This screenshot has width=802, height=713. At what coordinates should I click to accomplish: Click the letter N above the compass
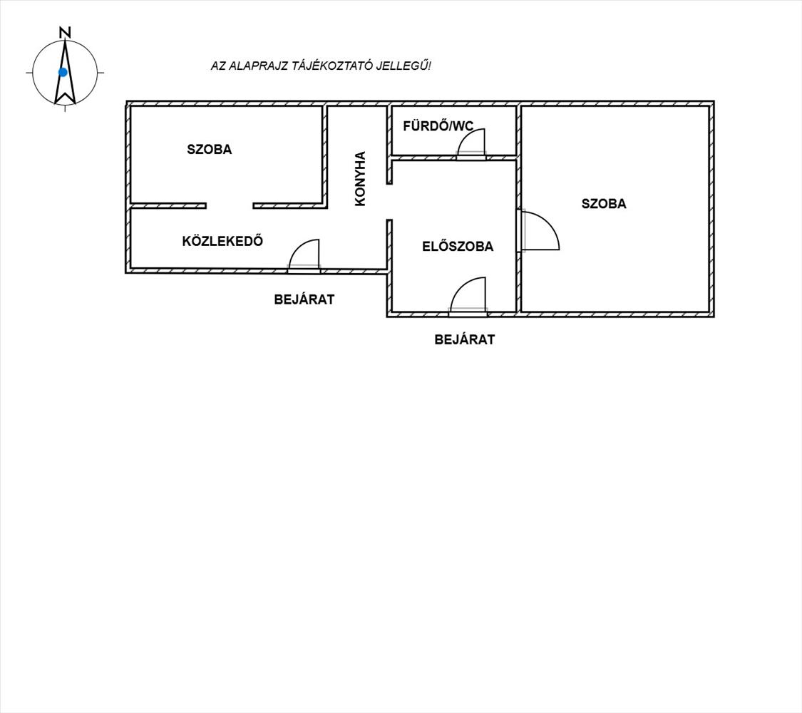click(x=65, y=32)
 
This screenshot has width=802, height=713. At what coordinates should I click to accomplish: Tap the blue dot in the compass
click(x=63, y=72)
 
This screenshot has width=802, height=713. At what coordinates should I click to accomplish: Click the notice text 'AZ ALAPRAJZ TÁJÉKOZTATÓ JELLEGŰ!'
click(x=321, y=66)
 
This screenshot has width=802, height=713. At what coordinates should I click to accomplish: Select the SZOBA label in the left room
click(x=209, y=149)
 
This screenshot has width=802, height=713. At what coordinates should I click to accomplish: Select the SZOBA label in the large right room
click(x=604, y=204)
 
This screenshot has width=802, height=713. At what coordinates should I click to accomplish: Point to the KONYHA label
click(x=360, y=178)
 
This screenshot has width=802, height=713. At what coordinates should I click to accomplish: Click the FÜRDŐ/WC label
click(x=438, y=125)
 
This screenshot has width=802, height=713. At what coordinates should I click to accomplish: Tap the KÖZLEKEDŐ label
click(x=222, y=241)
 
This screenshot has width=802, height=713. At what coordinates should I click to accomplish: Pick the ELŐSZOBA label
click(x=458, y=246)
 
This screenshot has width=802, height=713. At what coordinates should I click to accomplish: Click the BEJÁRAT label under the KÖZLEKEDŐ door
click(x=304, y=299)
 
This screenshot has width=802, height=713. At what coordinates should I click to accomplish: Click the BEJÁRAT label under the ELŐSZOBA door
click(x=464, y=339)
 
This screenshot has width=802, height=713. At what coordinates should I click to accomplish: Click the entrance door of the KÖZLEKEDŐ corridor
click(x=304, y=254)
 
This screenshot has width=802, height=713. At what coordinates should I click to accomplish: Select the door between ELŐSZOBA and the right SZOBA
click(x=540, y=231)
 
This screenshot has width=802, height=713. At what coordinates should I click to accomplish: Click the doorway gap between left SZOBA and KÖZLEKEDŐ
click(x=230, y=205)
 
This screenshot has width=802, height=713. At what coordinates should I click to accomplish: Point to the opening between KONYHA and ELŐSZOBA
click(x=389, y=202)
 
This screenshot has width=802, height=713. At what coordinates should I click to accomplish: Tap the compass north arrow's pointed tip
click(x=65, y=41)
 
